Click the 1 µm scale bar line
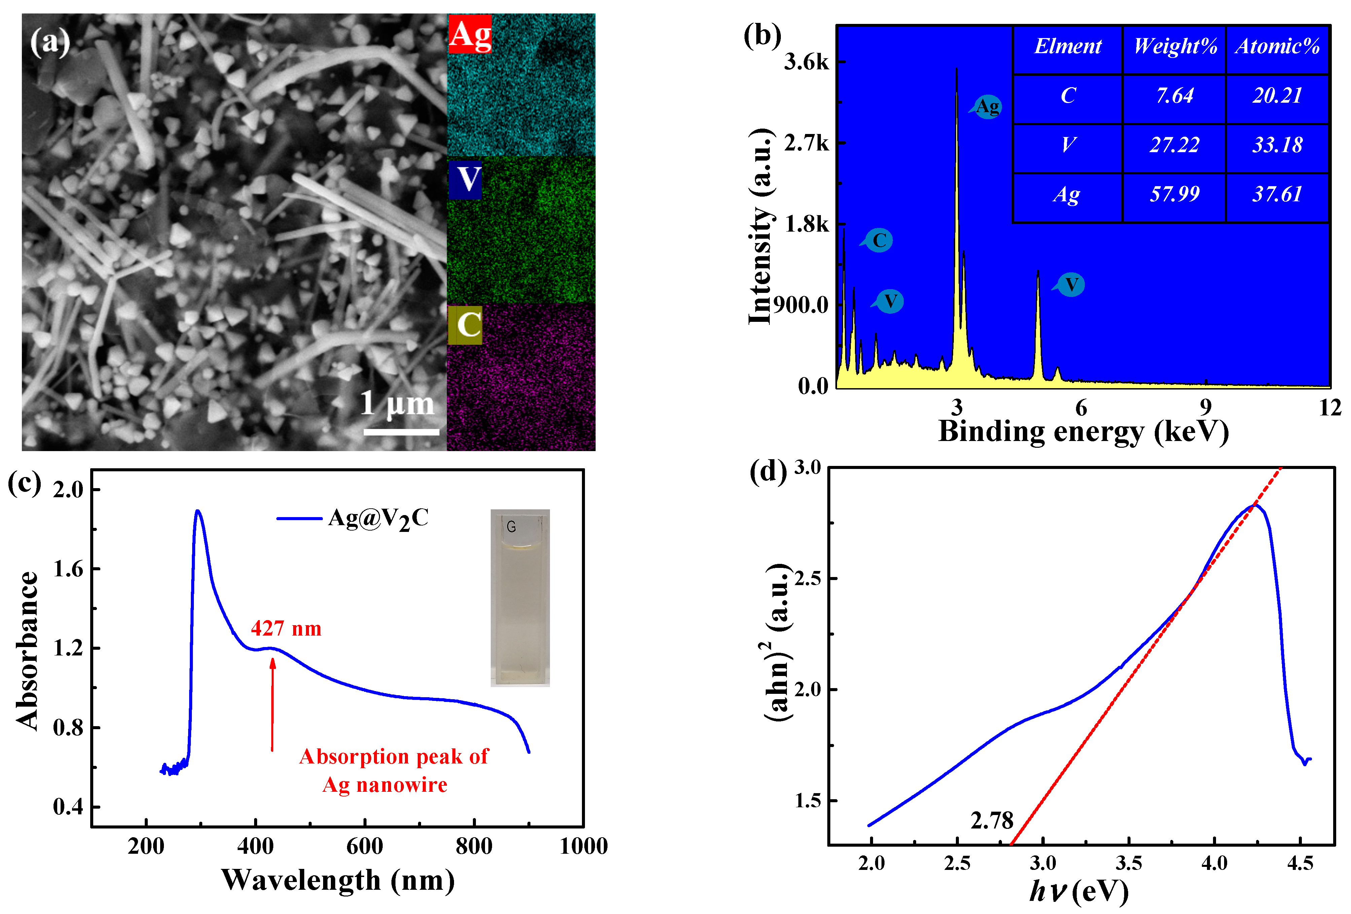point(401,432)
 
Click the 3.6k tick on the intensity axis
point(807,62)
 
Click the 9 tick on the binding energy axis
point(1206,408)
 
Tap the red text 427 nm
point(286,629)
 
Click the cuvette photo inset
point(520,598)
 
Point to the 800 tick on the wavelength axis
point(474,846)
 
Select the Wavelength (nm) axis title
point(338,880)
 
